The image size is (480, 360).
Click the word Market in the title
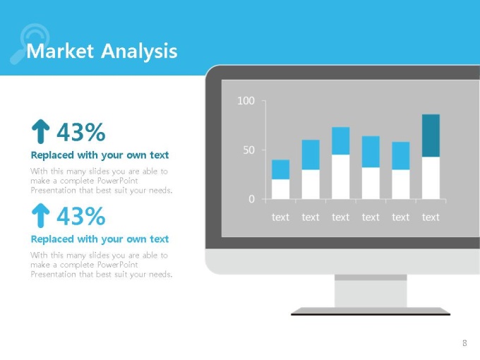[x=60, y=51]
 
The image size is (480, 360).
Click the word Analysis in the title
[x=139, y=52]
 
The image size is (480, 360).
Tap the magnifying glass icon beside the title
[x=30, y=43]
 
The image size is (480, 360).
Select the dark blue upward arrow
[x=40, y=131]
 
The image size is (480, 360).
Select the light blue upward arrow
[x=40, y=215]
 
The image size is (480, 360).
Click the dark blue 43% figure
[x=81, y=132]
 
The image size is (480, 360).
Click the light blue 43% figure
[x=81, y=216]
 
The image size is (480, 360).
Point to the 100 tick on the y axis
[x=246, y=101]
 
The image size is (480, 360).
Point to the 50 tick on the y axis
[x=249, y=150]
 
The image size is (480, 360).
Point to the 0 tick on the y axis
[x=251, y=199]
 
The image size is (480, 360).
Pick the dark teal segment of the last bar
[x=431, y=136]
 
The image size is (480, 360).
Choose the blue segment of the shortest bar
[x=280, y=169]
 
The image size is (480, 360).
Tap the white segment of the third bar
[x=341, y=177]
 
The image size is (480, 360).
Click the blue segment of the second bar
[x=311, y=155]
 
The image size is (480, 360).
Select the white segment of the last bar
[x=431, y=178]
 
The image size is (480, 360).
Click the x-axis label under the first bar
[x=280, y=217]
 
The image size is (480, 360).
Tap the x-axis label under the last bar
[x=431, y=217]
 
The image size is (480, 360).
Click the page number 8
[x=464, y=343]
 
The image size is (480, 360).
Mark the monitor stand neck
[x=371, y=291]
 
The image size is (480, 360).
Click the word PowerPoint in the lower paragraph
[x=118, y=265]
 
